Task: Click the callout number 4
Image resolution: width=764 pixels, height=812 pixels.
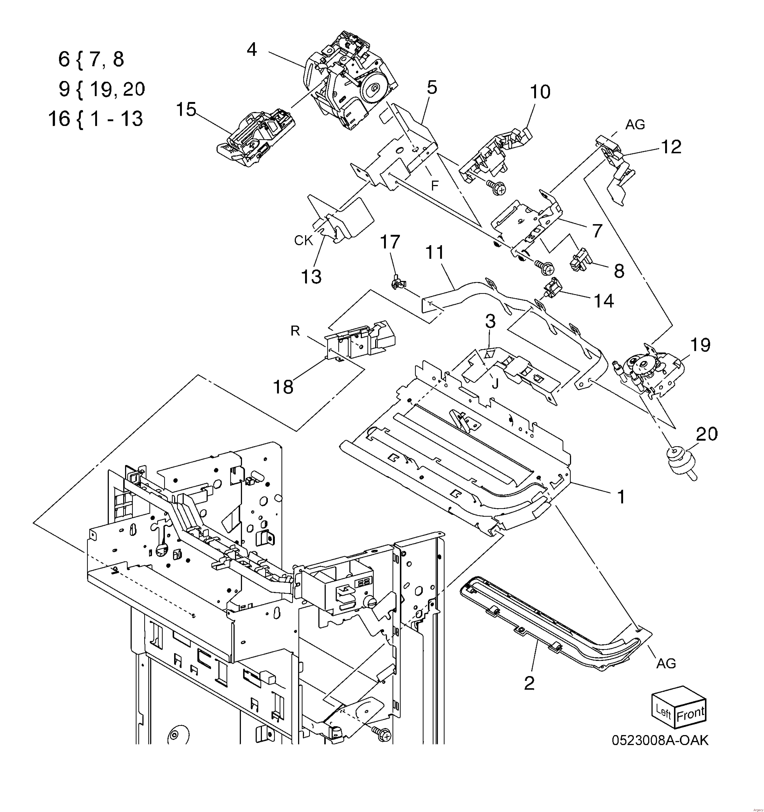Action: click(252, 50)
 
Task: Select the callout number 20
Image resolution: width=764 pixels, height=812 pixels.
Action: click(707, 434)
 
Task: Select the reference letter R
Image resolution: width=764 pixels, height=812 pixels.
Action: click(295, 331)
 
